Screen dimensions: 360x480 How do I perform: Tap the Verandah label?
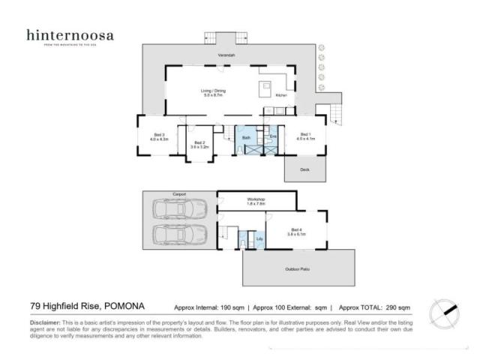pyautogui.click(x=226, y=56)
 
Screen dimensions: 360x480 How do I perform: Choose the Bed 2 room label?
pyautogui.click(x=199, y=143)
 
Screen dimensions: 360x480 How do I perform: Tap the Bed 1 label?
pyautogui.click(x=304, y=136)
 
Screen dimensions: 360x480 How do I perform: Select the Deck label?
pyautogui.click(x=304, y=170)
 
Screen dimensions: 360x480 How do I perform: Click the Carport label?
pyautogui.click(x=178, y=193)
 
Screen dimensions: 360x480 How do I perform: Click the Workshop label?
pyautogui.click(x=256, y=199)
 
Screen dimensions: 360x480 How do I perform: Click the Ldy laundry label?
pyautogui.click(x=259, y=238)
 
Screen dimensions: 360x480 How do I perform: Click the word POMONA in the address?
pyautogui.click(x=121, y=306)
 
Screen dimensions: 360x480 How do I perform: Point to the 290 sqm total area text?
pyautogui.click(x=397, y=307)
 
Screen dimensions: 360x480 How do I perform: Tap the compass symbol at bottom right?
pyautogui.click(x=443, y=310)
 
